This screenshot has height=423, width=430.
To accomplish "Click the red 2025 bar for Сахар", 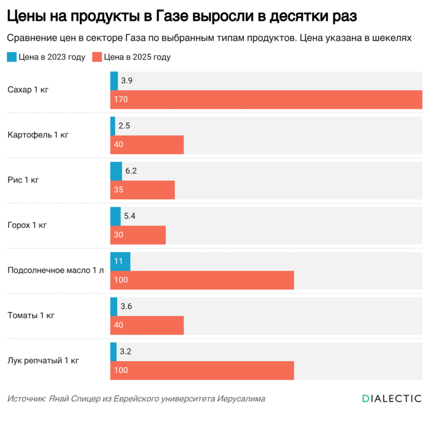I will click(266, 100).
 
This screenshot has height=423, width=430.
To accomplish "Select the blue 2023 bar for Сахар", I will click(114, 81).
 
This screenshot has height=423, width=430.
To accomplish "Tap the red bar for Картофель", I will click(147, 144).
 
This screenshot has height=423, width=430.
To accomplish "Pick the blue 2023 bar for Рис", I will click(115, 171).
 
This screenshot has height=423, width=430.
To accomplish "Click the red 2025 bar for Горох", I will click(138, 235).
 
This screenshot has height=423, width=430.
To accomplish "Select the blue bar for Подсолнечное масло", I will click(120, 261).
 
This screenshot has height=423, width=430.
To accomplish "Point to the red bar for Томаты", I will click(147, 325).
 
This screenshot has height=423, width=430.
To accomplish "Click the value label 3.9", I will click(127, 81).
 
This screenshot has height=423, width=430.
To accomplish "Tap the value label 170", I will click(121, 100).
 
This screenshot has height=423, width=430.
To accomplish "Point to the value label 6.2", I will click(131, 171).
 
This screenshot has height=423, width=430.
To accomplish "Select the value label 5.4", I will click(130, 216).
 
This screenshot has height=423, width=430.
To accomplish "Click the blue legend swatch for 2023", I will click(12, 57).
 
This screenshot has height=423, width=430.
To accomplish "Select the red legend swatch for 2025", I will click(96, 57).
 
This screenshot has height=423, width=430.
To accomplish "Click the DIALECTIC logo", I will click(391, 398).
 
